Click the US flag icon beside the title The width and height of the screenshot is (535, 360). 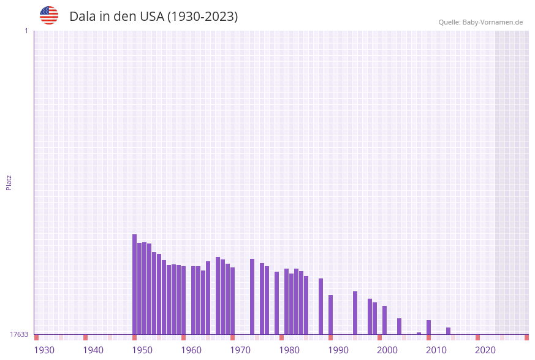[x=49, y=15]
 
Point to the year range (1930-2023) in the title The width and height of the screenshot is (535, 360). [x=202, y=17]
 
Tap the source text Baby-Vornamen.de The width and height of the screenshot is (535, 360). [x=492, y=22]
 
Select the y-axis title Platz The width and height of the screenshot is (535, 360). [x=9, y=182]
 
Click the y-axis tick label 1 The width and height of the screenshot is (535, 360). [x=26, y=31]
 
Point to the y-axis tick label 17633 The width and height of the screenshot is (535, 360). [x=19, y=334]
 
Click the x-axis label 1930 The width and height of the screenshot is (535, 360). [x=44, y=350]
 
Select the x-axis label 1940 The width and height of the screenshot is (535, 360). [x=93, y=350]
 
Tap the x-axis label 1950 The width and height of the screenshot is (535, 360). [x=142, y=350]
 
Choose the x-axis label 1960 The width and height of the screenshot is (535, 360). [x=191, y=350]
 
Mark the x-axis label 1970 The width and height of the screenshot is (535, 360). [x=240, y=350]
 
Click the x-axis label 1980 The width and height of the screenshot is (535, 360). [x=289, y=350]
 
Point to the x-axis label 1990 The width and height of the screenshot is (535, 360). [x=338, y=350]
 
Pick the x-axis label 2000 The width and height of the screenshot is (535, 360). [x=387, y=350]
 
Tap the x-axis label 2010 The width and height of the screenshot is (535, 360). [x=436, y=350]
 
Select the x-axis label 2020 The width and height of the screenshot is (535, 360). [x=485, y=350]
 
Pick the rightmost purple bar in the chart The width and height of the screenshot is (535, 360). [x=449, y=331]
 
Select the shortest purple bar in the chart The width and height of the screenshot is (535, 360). [x=419, y=333]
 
